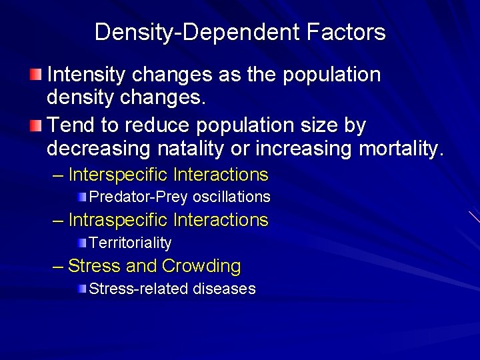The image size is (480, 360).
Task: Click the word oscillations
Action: click(231, 197)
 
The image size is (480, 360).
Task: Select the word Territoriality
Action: click(130, 243)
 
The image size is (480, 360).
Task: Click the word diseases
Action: click(225, 289)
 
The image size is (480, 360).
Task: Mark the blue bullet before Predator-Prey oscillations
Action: click(81, 196)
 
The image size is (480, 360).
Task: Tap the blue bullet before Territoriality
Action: click(81, 241)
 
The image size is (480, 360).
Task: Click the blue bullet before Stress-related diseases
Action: click(81, 288)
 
